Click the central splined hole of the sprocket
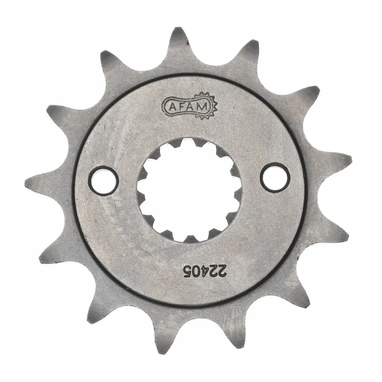[189, 189]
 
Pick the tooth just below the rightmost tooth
[334, 234]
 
